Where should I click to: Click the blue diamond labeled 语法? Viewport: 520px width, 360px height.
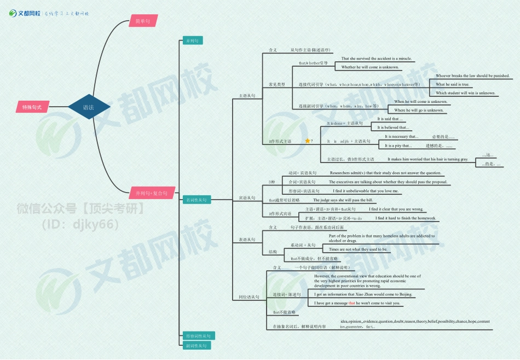click(x=88, y=107)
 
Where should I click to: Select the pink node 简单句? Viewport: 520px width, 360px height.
click(x=143, y=21)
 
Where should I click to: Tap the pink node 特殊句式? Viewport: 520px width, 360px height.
click(x=32, y=107)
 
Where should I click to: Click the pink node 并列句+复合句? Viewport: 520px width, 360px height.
click(x=152, y=193)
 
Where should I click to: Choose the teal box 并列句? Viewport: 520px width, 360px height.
click(x=193, y=40)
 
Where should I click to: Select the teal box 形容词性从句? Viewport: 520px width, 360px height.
click(x=199, y=335)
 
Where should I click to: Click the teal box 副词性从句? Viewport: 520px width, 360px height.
click(x=197, y=346)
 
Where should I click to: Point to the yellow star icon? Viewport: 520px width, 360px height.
click(x=308, y=141)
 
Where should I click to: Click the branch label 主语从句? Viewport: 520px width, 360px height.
click(x=247, y=96)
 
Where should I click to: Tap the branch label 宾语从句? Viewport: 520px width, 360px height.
click(x=247, y=198)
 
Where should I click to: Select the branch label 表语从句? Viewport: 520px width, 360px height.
click(x=247, y=240)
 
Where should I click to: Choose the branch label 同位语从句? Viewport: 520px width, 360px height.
click(x=249, y=297)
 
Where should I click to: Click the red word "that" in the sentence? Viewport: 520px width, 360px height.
click(x=352, y=303)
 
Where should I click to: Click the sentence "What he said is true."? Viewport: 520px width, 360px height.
click(x=453, y=84)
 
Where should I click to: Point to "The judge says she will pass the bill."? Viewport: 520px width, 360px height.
click(x=343, y=200)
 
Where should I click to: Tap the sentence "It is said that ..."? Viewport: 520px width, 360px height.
click(x=390, y=119)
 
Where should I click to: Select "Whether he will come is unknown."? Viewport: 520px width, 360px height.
click(x=370, y=67)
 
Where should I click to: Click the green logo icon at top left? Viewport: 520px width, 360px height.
click(x=13, y=13)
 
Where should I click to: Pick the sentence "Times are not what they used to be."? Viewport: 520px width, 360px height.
click(x=358, y=249)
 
